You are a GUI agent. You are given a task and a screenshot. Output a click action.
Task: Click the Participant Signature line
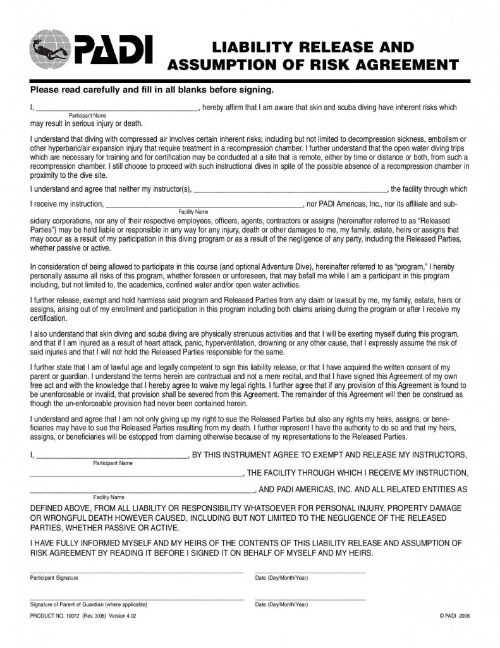point(136,571)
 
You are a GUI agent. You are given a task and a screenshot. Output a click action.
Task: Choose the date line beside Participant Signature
point(310,571)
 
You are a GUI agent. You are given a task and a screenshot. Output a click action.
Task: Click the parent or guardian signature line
point(136,598)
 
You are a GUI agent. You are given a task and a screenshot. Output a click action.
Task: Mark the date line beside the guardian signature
point(310,598)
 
